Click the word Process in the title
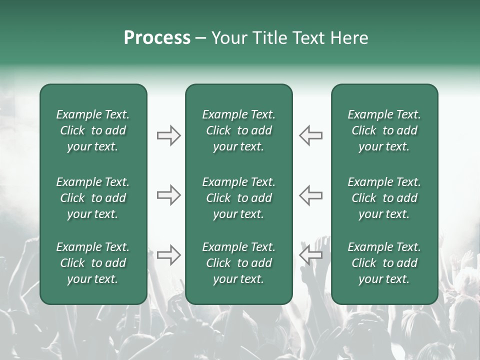pyautogui.click(x=157, y=38)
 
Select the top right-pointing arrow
pyautogui.click(x=168, y=135)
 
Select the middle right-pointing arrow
pyautogui.click(x=168, y=195)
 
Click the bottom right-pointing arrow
pyautogui.click(x=168, y=254)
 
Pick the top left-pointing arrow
pyautogui.click(x=311, y=135)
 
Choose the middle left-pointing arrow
pyautogui.click(x=311, y=195)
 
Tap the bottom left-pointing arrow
pyautogui.click(x=311, y=254)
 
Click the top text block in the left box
pyautogui.click(x=93, y=130)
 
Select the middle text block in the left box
pyautogui.click(x=93, y=198)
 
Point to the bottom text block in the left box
pyautogui.click(x=93, y=263)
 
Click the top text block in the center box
pyautogui.click(x=238, y=130)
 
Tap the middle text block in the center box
pyautogui.click(x=238, y=198)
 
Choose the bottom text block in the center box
pyautogui.click(x=238, y=263)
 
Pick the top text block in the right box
pyautogui.click(x=384, y=130)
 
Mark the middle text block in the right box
pyautogui.click(x=384, y=198)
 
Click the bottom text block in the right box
pyautogui.click(x=384, y=263)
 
